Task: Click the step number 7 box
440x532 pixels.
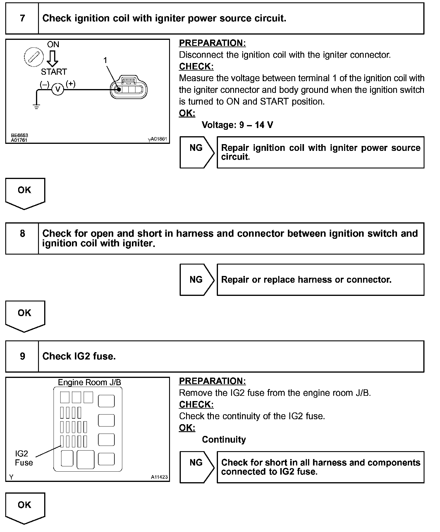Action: tap(22, 18)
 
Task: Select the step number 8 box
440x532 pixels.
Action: tap(22, 238)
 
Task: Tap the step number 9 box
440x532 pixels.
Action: tap(22, 356)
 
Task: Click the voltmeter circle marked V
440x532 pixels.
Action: tap(58, 89)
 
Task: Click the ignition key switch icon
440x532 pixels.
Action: tap(34, 56)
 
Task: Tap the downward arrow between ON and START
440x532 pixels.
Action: tap(53, 59)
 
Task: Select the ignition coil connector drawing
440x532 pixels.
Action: tap(129, 88)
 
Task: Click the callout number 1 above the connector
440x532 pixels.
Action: tap(105, 60)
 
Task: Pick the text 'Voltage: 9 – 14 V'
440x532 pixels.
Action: tap(237, 125)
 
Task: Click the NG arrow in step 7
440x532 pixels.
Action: tap(197, 152)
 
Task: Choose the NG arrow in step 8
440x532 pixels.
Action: tap(197, 280)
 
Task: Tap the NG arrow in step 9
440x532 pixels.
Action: tap(197, 467)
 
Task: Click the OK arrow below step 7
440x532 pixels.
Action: tap(25, 193)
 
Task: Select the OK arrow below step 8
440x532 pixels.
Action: tap(25, 316)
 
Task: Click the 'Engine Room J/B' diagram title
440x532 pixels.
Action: tap(89, 382)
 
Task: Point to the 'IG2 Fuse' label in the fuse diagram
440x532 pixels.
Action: tap(23, 458)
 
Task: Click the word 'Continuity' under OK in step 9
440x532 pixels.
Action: tap(224, 439)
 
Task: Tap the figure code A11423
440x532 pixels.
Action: tap(159, 477)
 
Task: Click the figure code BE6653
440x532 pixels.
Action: tap(20, 135)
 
